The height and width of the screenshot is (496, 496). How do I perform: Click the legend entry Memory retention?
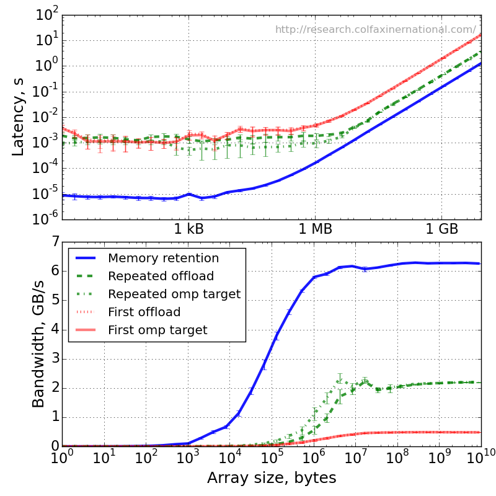163,258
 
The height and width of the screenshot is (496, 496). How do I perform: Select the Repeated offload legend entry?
161,276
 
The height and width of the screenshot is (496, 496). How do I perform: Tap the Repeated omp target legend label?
174,294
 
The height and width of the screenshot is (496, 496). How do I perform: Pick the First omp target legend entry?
157,330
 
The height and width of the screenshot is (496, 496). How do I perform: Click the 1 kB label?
188,229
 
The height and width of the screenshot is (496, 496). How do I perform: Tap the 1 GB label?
441,229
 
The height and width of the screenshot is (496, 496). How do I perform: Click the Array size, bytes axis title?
272,478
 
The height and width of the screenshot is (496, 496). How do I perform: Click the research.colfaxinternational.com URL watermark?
376,29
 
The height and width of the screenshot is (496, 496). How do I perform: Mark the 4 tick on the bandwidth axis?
51,329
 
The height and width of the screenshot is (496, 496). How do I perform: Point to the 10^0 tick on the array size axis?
61,458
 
